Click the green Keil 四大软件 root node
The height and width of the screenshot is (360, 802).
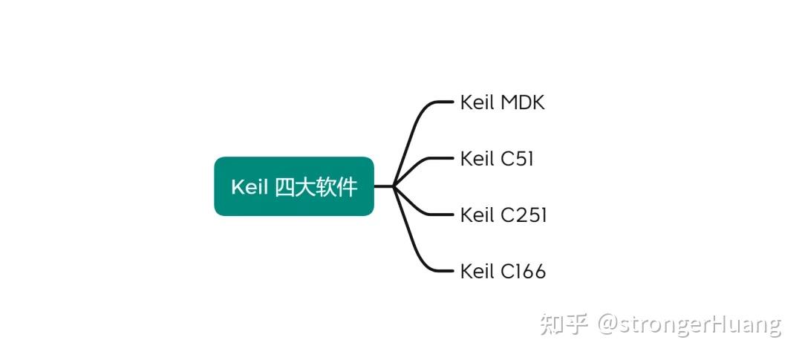pyautogui.click(x=293, y=186)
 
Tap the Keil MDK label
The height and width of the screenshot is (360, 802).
pyautogui.click(x=502, y=102)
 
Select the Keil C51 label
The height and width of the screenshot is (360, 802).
pyautogui.click(x=497, y=159)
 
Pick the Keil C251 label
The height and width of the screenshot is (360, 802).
pyautogui.click(x=503, y=215)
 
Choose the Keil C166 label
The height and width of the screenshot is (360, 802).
pyautogui.click(x=503, y=272)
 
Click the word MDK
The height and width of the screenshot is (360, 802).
pyautogui.click(x=523, y=102)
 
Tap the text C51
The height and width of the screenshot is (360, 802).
pyautogui.click(x=517, y=159)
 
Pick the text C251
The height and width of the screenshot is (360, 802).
pyautogui.click(x=524, y=215)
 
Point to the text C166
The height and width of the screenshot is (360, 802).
pyautogui.click(x=523, y=272)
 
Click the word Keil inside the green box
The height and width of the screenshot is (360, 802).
pyautogui.click(x=249, y=187)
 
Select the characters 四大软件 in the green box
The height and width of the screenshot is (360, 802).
pyautogui.click(x=316, y=187)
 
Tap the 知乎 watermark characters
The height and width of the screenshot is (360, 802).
pyautogui.click(x=564, y=324)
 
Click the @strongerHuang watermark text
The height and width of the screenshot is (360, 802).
pyautogui.click(x=690, y=325)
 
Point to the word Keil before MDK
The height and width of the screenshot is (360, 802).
pyautogui.click(x=477, y=102)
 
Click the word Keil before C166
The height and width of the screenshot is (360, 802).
pyautogui.click(x=477, y=272)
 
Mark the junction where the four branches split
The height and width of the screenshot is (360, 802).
pyautogui.click(x=393, y=186)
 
